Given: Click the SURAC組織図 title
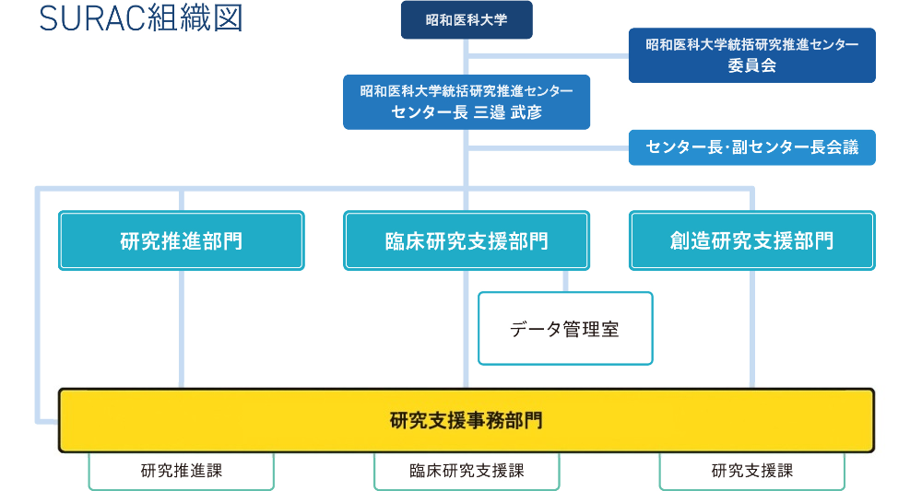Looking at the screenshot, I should coord(141,19).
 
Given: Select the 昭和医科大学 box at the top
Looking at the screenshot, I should coord(467,20).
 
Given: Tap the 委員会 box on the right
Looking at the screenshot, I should coord(751,55).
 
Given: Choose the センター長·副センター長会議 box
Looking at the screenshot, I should coord(751,147).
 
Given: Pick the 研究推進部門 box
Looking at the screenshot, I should coord(182,240).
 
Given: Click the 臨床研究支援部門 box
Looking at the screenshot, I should coord(467,240).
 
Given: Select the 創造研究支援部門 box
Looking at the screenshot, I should coord(751,240).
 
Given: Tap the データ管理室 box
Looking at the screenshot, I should coord(564,329).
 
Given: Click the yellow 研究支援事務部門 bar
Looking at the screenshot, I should coord(467,420).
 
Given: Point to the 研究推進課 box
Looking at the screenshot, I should coord(182,471).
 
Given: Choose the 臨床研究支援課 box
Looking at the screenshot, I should coord(467,471).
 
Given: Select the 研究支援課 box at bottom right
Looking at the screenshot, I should coord(751,471).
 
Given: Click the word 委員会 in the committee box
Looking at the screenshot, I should coord(751,65).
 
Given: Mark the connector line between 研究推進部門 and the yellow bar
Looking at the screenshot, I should coord(182,329).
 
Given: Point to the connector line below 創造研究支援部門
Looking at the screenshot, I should coord(752,329).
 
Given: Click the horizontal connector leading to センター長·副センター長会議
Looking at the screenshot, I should coord(548,147).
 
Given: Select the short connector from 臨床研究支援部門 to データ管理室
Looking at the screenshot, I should coord(564,281).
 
